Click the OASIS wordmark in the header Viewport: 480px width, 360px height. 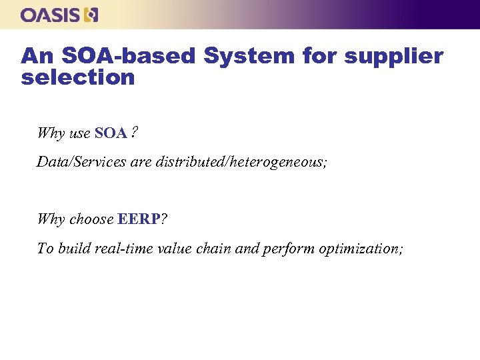(x=51, y=15)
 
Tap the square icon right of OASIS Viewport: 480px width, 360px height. (x=92, y=15)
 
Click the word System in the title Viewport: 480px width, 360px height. (x=248, y=56)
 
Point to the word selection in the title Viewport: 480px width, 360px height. (x=78, y=77)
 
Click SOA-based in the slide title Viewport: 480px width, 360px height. (x=131, y=56)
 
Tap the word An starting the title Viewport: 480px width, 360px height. (x=33, y=56)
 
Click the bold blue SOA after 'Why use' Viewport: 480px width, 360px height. (x=111, y=133)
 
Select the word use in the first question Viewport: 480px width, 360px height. (x=80, y=133)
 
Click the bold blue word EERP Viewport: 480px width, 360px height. (x=139, y=219)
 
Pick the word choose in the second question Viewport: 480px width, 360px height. (x=91, y=219)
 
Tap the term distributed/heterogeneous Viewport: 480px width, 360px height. (x=241, y=162)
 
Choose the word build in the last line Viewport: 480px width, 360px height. (x=75, y=249)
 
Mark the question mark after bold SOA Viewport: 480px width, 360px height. (x=134, y=133)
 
